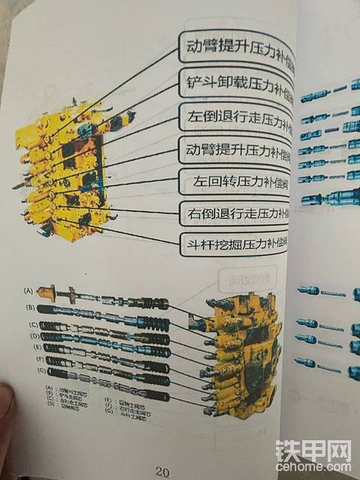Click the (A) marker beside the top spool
tap(29, 289)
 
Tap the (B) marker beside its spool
tap(30, 307)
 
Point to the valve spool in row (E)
tap(105, 351)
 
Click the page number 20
tap(163, 472)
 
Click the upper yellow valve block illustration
tap(67, 165)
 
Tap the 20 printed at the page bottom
tap(163, 472)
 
